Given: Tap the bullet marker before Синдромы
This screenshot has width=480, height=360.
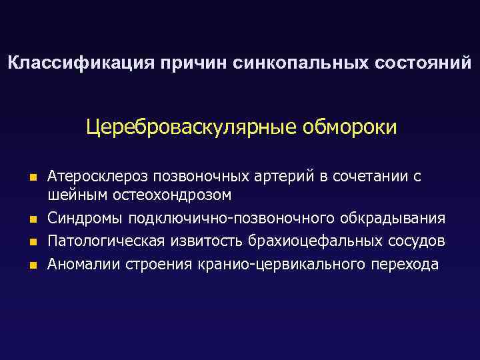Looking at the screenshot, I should pos(31,219).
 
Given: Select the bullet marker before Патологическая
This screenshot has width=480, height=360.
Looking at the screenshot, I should pos(31,241).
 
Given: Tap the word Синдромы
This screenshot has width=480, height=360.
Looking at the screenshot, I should pos(87,219).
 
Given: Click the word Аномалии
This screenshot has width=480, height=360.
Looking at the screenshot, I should pos(82,264).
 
